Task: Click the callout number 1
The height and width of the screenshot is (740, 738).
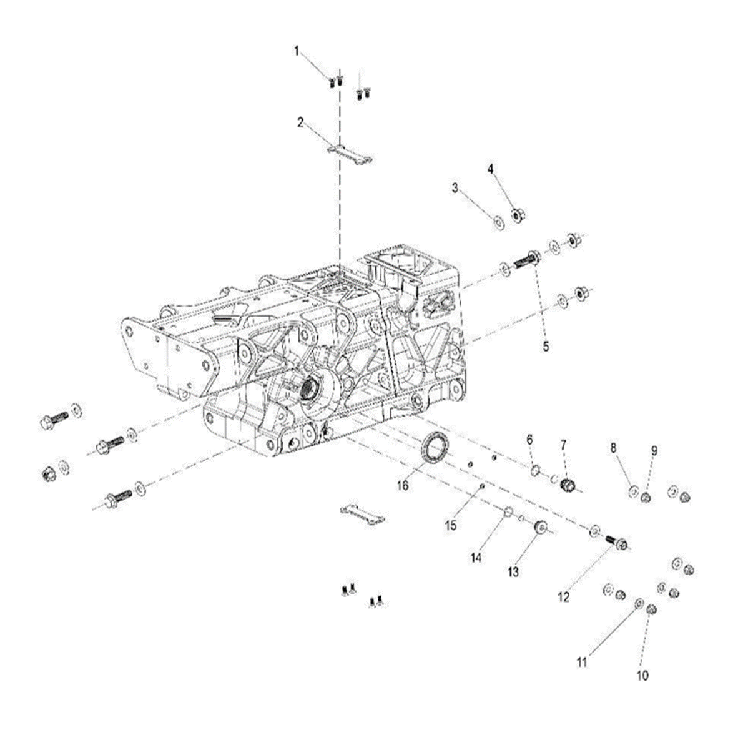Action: pyautogui.click(x=297, y=51)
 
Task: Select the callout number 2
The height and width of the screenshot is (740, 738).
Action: pyautogui.click(x=300, y=122)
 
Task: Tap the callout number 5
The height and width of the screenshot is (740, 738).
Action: pyautogui.click(x=546, y=347)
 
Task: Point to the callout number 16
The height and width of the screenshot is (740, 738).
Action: pyautogui.click(x=403, y=486)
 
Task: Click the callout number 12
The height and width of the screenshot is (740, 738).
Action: pyautogui.click(x=563, y=597)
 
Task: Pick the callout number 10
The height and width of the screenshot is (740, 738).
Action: pyautogui.click(x=642, y=675)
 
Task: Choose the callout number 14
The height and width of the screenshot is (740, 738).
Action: pyautogui.click(x=476, y=558)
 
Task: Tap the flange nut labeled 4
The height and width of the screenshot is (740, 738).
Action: pyautogui.click(x=518, y=215)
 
